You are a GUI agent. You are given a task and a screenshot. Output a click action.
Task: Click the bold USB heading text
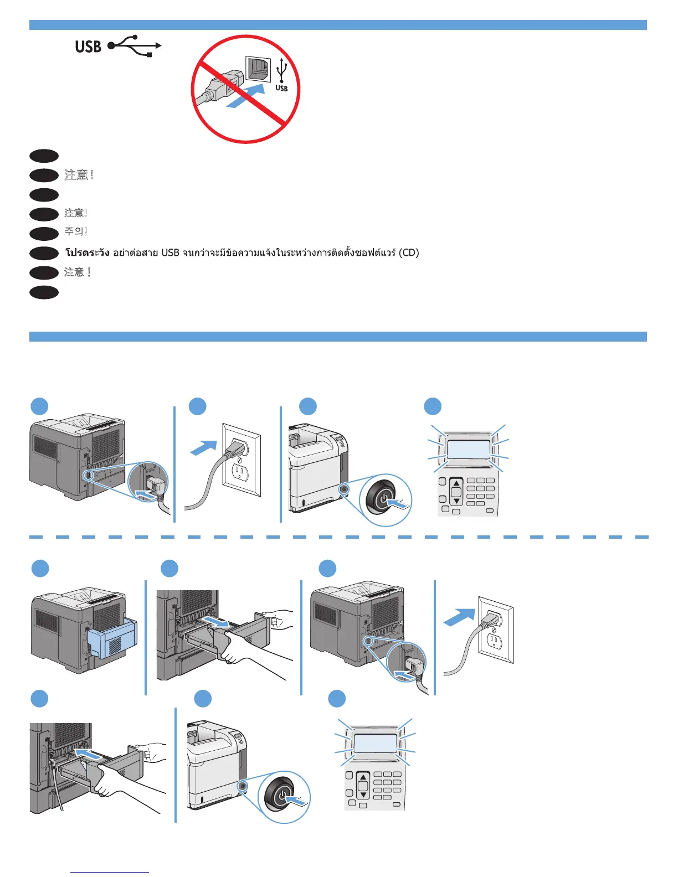(88, 47)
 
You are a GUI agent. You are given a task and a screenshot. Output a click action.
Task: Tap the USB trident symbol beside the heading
(135, 46)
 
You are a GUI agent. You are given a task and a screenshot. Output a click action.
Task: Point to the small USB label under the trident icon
(281, 89)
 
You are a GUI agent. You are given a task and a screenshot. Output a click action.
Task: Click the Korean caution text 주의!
(76, 232)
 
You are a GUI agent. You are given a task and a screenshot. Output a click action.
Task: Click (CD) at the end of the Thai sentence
(409, 253)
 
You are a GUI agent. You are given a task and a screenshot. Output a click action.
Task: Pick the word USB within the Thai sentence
(170, 253)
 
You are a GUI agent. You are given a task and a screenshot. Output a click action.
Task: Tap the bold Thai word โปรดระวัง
(87, 253)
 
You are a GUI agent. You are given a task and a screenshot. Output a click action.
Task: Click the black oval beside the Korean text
(44, 233)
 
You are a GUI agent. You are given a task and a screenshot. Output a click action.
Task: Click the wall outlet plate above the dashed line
(241, 460)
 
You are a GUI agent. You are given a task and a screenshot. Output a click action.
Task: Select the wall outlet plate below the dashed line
(496, 629)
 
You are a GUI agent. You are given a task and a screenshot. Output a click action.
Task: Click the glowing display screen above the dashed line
(468, 449)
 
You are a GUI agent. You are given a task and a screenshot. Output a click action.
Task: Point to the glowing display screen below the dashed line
(375, 743)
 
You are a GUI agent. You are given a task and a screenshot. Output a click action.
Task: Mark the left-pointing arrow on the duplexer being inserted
(89, 754)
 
